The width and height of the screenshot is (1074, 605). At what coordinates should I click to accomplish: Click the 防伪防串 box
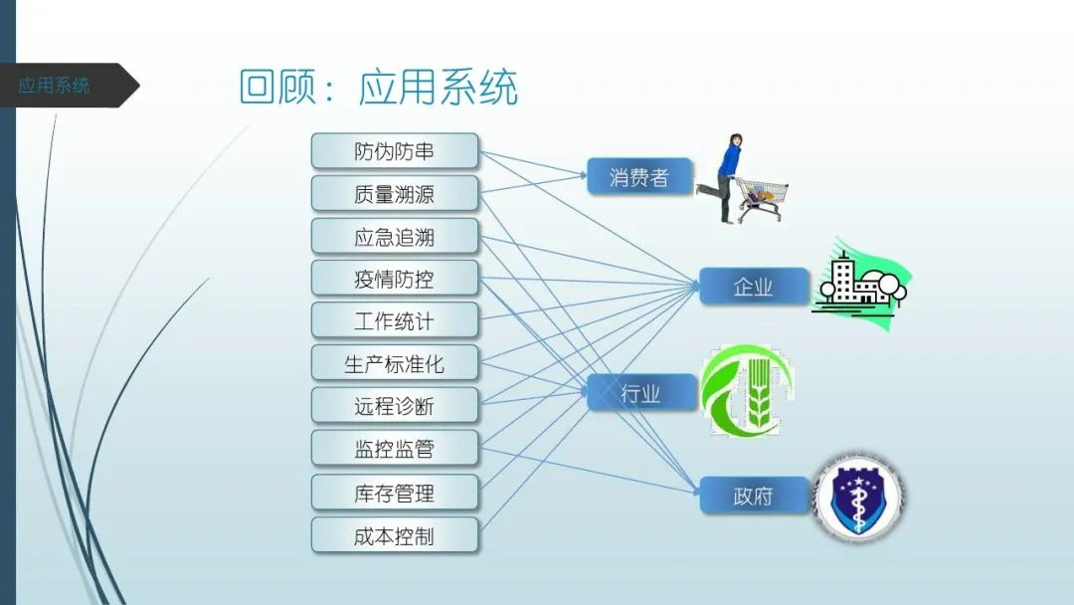coord(395,151)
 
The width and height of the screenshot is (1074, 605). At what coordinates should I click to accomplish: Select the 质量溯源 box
coord(395,194)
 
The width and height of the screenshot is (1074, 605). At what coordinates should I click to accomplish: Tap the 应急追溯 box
coord(395,237)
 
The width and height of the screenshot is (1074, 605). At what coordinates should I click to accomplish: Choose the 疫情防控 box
coord(395,279)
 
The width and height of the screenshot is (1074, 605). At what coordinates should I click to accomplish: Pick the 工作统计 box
coord(395,321)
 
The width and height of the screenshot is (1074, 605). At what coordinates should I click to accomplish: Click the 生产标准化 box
coord(395,364)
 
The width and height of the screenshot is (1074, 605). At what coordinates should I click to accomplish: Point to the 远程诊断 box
coord(395,406)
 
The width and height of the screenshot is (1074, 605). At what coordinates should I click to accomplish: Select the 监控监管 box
coord(395,449)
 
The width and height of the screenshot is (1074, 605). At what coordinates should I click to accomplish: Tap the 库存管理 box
coord(395,493)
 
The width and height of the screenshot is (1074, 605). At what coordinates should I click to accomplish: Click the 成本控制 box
coord(395,536)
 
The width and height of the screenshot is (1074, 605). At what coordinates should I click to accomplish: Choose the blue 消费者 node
coord(639,177)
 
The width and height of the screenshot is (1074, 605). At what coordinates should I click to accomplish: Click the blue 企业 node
coord(753,287)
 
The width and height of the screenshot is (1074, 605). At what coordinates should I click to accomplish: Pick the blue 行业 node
coord(640,393)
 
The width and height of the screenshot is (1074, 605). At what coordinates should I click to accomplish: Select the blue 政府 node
coord(753,496)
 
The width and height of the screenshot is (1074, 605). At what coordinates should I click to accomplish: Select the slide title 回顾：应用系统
coord(379,88)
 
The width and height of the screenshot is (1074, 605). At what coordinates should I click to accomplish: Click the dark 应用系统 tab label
coord(55,86)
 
